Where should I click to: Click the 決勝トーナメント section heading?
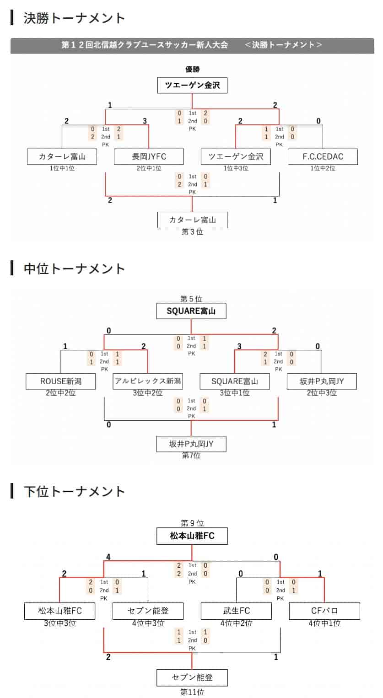74,18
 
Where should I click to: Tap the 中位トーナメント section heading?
74,268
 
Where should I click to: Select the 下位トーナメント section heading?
74,491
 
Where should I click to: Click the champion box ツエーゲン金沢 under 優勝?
192,86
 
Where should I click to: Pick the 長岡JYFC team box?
149,156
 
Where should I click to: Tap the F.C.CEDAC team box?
323,156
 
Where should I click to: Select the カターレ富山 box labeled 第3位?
192,220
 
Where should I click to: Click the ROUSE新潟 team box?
61,381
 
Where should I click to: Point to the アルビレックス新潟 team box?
148,381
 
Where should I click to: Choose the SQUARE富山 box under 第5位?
191,311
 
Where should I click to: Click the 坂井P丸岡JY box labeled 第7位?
191,444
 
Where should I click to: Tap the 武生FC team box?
236,611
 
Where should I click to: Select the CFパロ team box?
324,611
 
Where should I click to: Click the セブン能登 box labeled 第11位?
192,677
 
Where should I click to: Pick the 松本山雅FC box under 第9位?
192,536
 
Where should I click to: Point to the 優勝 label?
192,69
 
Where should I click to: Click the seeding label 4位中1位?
324,623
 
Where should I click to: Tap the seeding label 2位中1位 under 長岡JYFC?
149,168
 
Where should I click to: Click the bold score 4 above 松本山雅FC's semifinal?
108,557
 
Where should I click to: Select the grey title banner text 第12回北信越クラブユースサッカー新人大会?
145,45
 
